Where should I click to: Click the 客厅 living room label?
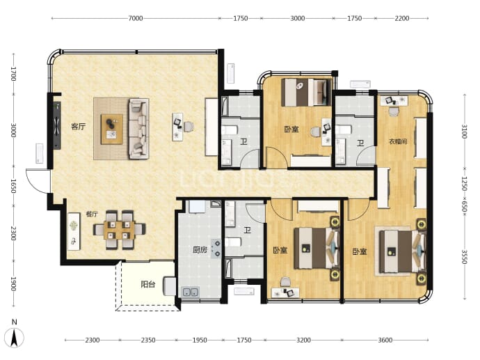click(79, 126)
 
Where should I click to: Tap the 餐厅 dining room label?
click(92, 214)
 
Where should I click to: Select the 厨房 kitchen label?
click(200, 250)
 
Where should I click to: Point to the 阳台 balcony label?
click(148, 284)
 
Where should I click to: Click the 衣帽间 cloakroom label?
click(398, 141)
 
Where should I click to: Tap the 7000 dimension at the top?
click(136, 18)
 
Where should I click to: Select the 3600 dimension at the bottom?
click(385, 340)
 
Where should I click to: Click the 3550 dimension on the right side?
click(464, 257)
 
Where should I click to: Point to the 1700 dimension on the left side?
click(13, 74)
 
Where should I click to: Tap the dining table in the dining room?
click(119, 230)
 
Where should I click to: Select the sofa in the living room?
click(138, 128)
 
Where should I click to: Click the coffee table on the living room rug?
click(112, 129)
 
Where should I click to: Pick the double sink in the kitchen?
click(191, 292)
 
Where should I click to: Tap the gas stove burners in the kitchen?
click(216, 249)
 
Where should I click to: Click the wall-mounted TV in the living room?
click(57, 125)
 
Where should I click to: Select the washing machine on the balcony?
click(169, 286)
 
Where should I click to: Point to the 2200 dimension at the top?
click(401, 18)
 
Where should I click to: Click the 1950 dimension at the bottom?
click(200, 340)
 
